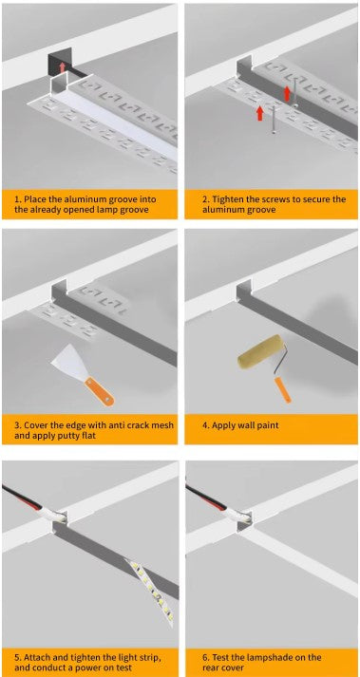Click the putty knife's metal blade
70,364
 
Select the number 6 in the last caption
202,656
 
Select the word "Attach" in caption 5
40,656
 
